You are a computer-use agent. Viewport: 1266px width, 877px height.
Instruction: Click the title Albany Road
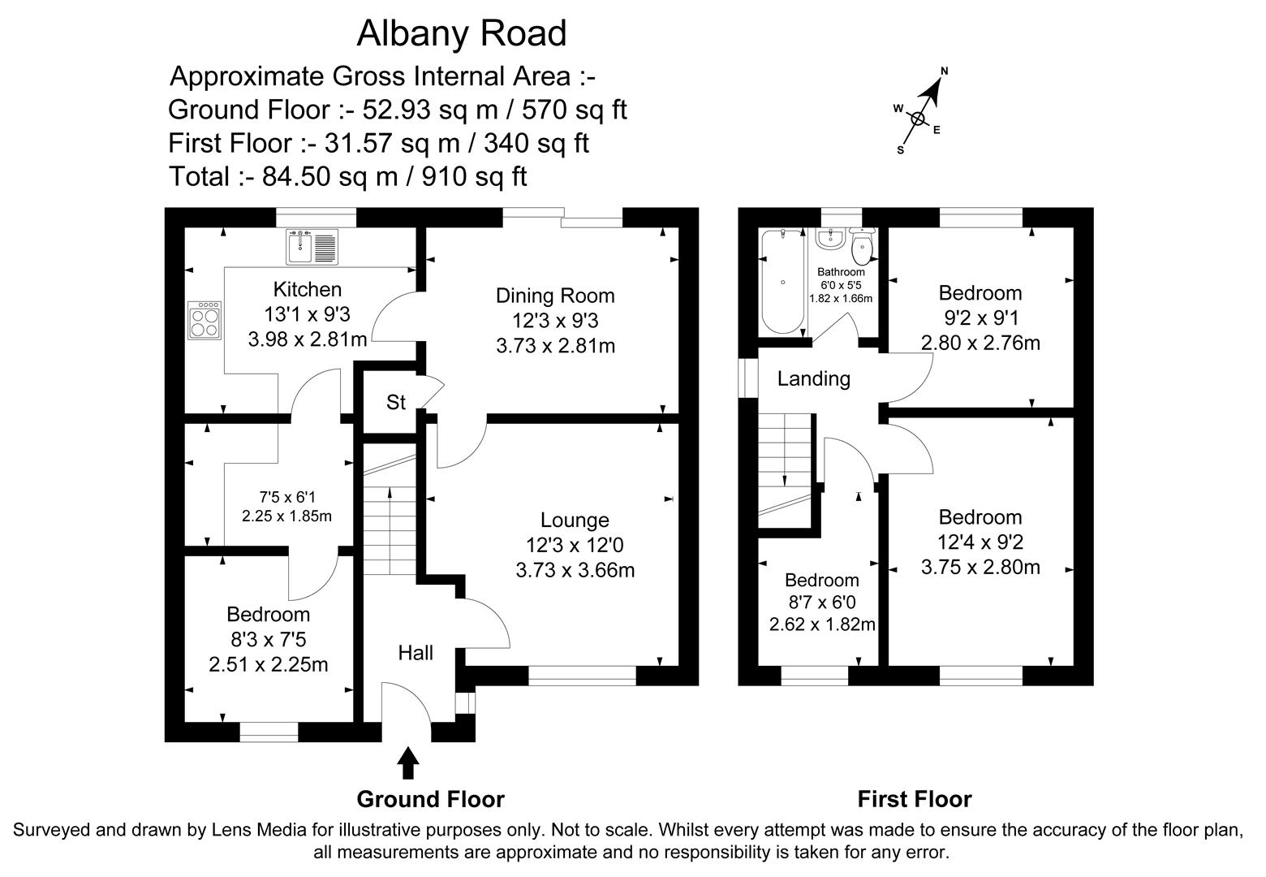(x=462, y=34)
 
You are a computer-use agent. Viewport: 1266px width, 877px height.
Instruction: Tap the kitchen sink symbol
(x=311, y=247)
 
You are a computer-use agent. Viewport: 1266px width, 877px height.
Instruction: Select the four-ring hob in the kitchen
(x=204, y=319)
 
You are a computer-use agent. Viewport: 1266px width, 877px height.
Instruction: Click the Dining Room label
(x=555, y=296)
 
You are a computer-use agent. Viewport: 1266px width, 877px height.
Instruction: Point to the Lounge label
(x=575, y=520)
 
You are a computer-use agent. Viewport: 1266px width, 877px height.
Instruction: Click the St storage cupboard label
(x=395, y=402)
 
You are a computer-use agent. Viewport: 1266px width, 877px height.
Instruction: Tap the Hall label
(x=416, y=653)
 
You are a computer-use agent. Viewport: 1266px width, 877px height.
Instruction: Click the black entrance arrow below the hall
(x=408, y=764)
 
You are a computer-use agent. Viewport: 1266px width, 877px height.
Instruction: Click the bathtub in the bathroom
(x=782, y=282)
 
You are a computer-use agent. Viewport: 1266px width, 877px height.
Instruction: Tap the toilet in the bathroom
(x=863, y=244)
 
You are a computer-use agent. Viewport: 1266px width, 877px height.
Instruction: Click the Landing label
(x=813, y=378)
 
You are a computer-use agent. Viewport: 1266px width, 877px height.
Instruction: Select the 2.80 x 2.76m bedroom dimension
(x=980, y=343)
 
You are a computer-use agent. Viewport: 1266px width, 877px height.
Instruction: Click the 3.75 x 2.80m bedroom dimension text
(x=980, y=567)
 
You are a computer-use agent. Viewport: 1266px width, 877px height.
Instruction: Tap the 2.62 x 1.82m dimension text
(x=822, y=624)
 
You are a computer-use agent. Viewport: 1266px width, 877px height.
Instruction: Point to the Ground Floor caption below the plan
(x=430, y=799)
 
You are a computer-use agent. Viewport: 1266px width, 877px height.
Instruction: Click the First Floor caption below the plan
(x=915, y=799)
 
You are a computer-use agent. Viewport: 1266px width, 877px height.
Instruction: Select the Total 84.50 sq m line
(x=348, y=176)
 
